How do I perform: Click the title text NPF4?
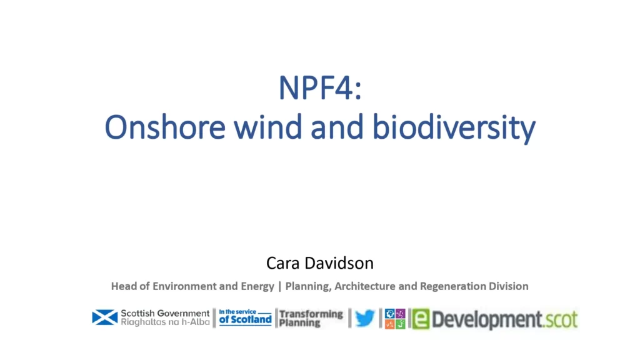(320, 87)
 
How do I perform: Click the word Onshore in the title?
(165, 127)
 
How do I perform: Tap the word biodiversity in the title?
(454, 128)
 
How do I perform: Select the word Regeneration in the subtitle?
(451, 287)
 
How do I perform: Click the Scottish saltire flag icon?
(105, 317)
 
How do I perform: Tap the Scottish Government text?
(165, 314)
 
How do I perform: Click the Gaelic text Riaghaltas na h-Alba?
(165, 322)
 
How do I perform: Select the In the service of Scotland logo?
(245, 317)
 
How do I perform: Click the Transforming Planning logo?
(311, 318)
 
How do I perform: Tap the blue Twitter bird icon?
(365, 318)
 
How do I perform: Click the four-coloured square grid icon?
(395, 319)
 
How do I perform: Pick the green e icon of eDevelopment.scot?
(421, 319)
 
